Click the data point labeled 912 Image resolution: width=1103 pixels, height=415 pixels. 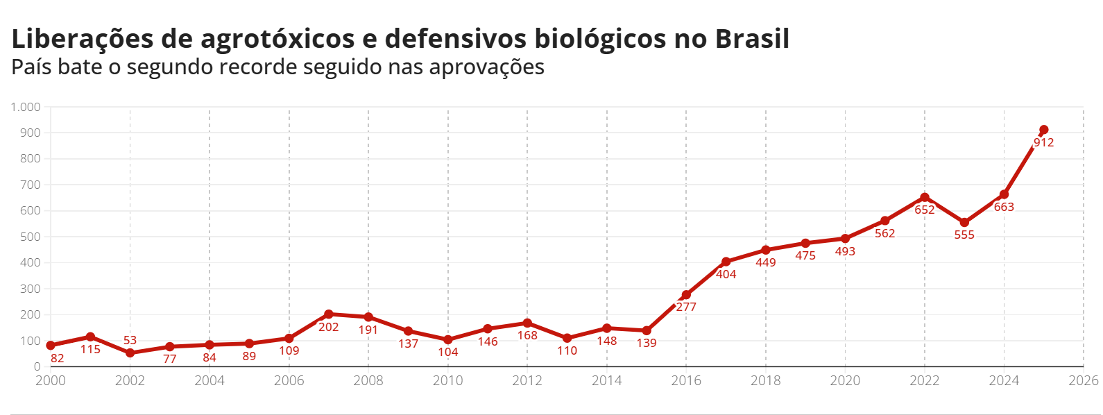1043,130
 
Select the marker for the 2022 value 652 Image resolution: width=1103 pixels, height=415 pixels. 925,197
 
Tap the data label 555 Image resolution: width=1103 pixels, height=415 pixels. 964,235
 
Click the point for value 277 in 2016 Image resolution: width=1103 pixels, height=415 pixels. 686,295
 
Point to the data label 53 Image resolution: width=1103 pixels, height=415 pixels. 130,340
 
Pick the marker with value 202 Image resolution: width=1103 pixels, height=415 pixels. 329,314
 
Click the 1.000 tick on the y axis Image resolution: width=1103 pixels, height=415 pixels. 26,107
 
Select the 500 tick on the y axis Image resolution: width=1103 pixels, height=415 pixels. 31,237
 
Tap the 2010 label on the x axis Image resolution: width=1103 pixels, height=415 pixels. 448,380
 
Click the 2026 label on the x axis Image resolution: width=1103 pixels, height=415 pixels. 1084,380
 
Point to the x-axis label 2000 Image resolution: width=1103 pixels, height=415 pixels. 51,380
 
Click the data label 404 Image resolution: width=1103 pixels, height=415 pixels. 726,274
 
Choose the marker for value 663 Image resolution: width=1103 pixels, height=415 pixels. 1004,194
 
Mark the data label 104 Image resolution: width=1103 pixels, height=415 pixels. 448,352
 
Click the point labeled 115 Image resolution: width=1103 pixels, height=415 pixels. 90,337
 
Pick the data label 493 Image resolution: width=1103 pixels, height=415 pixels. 845,251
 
